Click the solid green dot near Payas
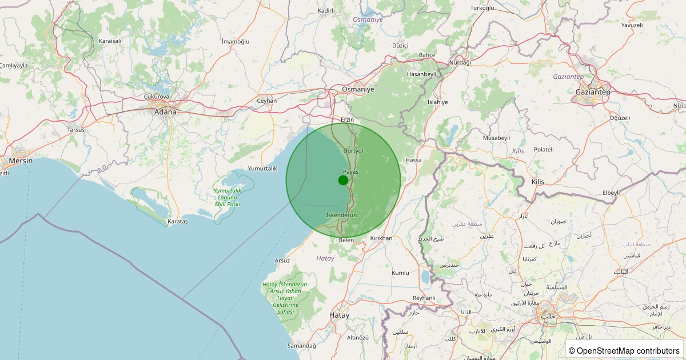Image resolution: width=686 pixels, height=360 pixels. click(x=343, y=180)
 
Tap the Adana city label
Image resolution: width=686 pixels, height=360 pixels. click(x=165, y=112)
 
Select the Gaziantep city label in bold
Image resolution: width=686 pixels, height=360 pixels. click(x=593, y=92)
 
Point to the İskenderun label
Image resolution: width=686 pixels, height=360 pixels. click(x=341, y=215)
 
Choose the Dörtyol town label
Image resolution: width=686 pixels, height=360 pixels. click(x=353, y=151)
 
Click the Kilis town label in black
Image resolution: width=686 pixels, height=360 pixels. click(x=538, y=182)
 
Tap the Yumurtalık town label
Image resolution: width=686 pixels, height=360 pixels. click(x=262, y=169)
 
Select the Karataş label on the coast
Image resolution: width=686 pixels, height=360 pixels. click(x=178, y=221)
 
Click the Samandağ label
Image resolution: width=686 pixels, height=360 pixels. click(x=301, y=346)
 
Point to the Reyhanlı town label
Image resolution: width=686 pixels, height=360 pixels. click(x=424, y=298)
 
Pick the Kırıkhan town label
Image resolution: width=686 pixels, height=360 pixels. click(x=381, y=238)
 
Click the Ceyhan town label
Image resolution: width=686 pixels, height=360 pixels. click(x=267, y=101)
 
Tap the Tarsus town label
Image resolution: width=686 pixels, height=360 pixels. click(x=76, y=130)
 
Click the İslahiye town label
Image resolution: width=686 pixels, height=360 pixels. click(x=438, y=102)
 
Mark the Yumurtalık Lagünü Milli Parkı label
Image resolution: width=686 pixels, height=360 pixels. click(x=227, y=197)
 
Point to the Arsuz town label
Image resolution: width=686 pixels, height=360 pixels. click(x=282, y=261)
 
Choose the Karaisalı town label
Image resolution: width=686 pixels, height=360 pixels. click(x=110, y=41)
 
